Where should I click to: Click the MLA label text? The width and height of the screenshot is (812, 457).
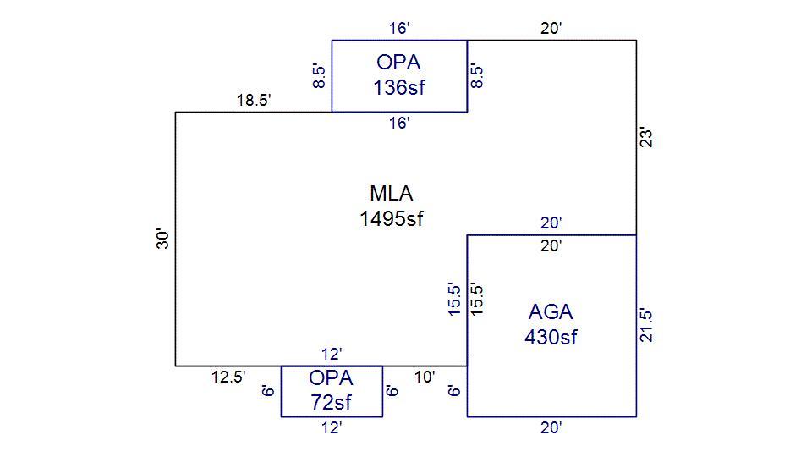(391, 193)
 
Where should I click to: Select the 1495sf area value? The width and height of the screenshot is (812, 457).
(391, 218)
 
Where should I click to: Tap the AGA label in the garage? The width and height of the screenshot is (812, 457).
(551, 311)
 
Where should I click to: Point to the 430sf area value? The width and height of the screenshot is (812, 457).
(551, 337)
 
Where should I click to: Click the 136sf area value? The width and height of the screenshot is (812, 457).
(398, 87)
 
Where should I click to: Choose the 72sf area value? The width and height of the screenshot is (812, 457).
(331, 401)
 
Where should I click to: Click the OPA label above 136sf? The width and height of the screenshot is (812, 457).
(398, 62)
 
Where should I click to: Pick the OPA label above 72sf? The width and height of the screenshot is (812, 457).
(331, 377)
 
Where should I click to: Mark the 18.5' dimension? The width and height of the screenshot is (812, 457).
(253, 101)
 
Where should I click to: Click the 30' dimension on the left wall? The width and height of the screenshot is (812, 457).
(164, 240)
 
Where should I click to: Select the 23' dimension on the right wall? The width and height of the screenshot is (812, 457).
(647, 137)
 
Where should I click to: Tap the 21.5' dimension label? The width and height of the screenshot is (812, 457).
(647, 325)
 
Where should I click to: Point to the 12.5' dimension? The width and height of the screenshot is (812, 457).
(228, 377)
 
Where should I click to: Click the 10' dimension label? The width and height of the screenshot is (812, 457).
(425, 377)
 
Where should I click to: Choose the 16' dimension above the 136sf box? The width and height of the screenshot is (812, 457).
(399, 29)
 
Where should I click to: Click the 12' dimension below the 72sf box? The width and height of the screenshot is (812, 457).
(332, 428)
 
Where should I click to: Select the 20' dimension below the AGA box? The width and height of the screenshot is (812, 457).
(551, 428)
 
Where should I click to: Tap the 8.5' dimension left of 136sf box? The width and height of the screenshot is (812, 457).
(320, 75)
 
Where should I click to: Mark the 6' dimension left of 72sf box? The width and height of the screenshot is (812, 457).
(269, 391)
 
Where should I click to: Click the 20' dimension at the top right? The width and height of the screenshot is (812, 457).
(551, 29)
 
